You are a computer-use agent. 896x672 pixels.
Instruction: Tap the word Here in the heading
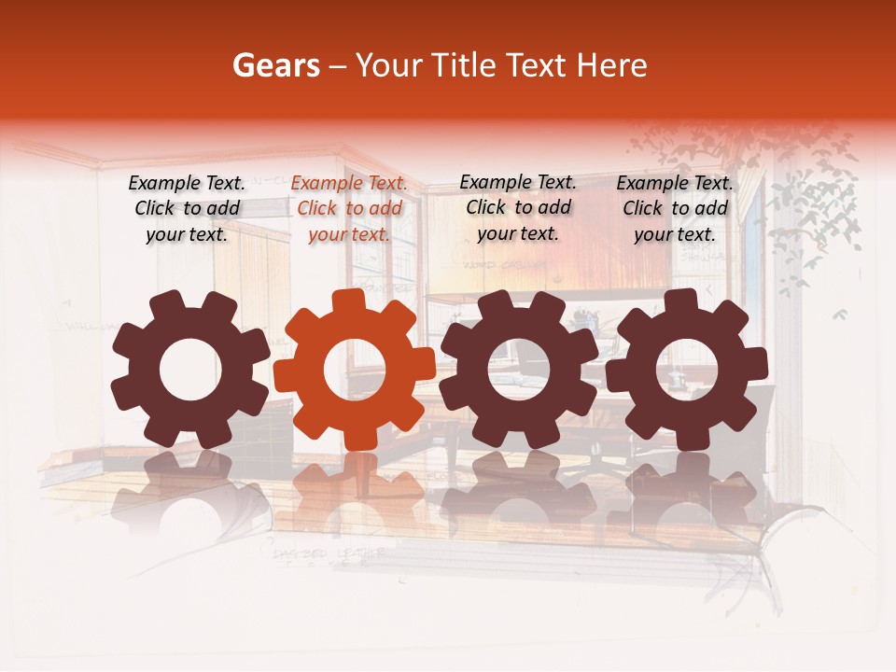point(612,65)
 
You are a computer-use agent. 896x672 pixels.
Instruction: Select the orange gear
point(355,370)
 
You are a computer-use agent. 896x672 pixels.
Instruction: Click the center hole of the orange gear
point(355,371)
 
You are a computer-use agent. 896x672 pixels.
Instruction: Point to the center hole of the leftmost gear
point(190,371)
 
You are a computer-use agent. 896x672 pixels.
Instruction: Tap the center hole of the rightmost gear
point(687,371)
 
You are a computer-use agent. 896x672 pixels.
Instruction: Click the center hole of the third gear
point(519,371)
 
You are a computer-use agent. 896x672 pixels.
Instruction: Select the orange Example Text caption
point(349,209)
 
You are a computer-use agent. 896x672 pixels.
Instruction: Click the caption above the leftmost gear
point(187,209)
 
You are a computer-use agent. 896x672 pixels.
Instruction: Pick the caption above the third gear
point(518,207)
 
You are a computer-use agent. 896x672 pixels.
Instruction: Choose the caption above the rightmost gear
point(675,209)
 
